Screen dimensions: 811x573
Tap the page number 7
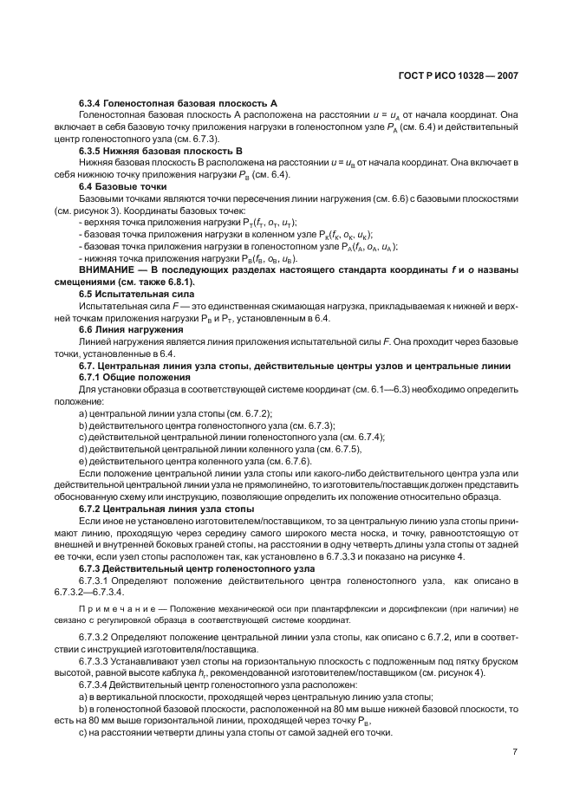[x=515, y=752]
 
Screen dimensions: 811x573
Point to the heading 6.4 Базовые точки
[x=122, y=187]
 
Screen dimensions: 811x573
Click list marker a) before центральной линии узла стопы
[x=83, y=414]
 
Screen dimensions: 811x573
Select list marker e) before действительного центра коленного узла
[x=83, y=462]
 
